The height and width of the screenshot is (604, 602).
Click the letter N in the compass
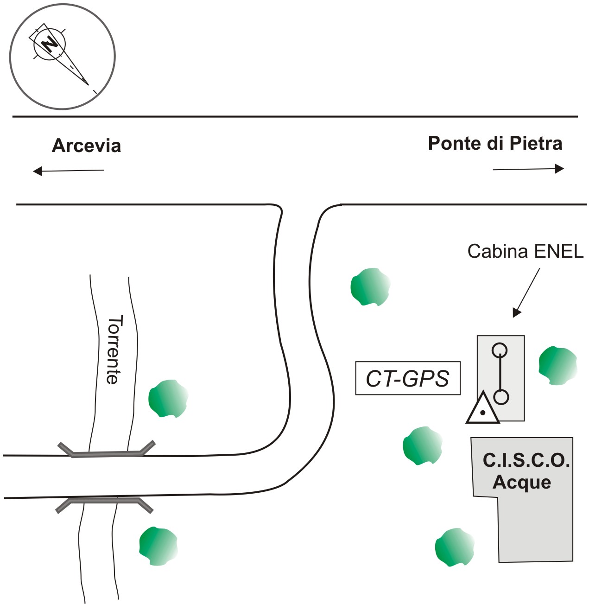tap(48, 44)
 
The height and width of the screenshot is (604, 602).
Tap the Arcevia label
tap(86, 146)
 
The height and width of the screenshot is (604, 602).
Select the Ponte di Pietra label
tap(495, 143)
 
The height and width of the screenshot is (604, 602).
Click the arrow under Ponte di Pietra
tap(528, 169)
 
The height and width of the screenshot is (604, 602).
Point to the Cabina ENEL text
tap(525, 251)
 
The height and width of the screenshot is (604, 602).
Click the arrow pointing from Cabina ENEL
tap(527, 292)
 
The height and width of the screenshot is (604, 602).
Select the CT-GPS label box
tap(408, 378)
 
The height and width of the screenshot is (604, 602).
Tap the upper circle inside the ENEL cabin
tap(500, 350)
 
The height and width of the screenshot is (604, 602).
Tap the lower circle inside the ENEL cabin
tap(501, 397)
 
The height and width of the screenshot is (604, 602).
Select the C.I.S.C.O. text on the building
tap(526, 461)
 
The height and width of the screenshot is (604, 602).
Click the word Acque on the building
tap(522, 482)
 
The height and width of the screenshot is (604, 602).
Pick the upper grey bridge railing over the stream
tap(107, 451)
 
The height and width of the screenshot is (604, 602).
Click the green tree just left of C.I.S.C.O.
tap(422, 445)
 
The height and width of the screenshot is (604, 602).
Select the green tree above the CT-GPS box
tap(370, 286)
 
